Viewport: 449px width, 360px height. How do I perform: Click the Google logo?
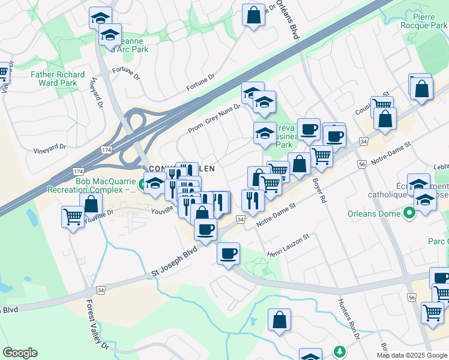20,353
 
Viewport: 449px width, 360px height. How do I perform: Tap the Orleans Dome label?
373,214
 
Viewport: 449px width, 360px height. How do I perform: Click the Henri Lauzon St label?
288,238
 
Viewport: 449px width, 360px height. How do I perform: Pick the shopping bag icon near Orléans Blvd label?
253,14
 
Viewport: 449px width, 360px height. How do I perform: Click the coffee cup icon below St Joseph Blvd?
228,253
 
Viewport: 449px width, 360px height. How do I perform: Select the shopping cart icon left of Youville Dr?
73,217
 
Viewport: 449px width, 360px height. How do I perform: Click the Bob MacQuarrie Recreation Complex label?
107,185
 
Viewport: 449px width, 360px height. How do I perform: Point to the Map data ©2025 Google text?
411,355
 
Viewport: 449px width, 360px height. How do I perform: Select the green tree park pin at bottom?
340,351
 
